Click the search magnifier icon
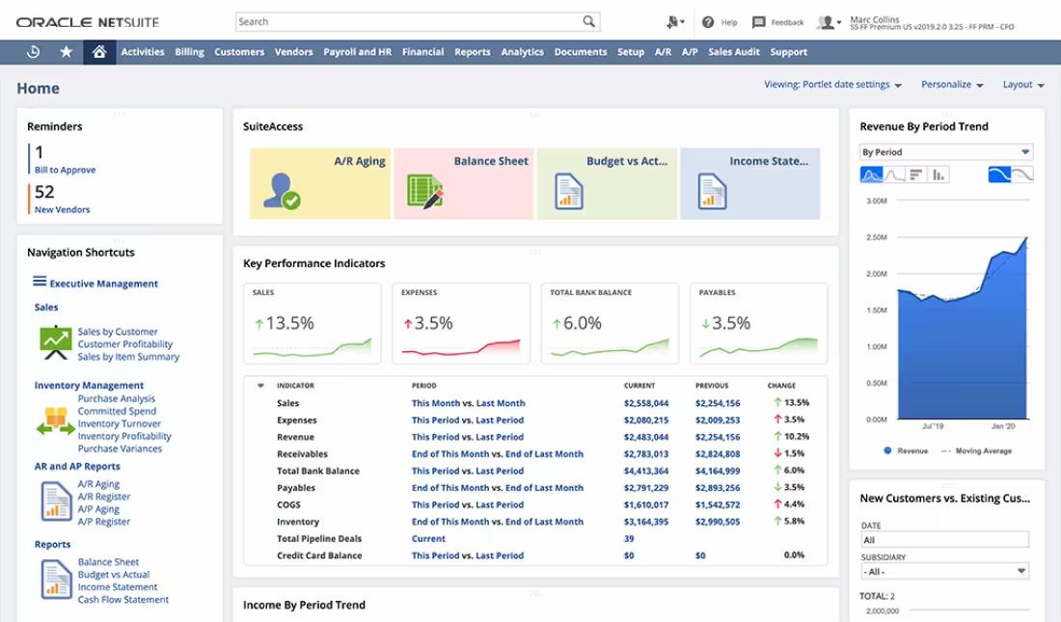588,21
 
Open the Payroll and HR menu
357,52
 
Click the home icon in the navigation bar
98,52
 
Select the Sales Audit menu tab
734,52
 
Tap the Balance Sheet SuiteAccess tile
465,183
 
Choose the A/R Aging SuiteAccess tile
321,183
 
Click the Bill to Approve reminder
65,170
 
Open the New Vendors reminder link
62,209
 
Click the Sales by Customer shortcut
118,332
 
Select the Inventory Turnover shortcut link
120,423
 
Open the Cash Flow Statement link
123,600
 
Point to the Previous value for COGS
718,504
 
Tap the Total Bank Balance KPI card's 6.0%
582,324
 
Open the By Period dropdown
945,152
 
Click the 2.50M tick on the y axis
876,237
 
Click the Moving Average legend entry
982,451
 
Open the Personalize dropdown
952,85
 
